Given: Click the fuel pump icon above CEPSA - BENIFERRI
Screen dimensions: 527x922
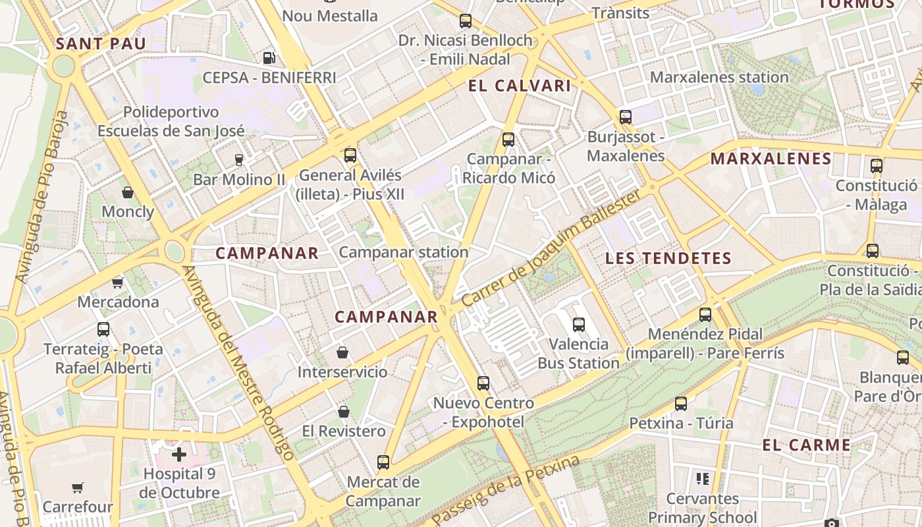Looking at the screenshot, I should click(268, 58).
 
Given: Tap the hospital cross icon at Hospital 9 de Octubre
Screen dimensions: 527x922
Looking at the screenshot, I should click(179, 455).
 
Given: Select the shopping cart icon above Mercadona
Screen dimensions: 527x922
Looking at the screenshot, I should click(118, 283).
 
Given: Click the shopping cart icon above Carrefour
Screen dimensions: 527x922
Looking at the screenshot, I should click(78, 488).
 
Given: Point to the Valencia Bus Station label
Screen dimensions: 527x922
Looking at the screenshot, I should click(579, 353).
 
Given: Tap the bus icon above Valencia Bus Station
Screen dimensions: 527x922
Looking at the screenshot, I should click(579, 325).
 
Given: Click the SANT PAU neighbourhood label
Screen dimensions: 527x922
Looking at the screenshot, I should click(101, 44).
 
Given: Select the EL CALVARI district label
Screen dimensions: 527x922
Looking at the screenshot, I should click(520, 86).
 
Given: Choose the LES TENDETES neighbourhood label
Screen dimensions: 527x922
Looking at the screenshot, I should click(668, 258).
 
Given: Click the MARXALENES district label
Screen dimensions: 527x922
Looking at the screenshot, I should click(771, 159).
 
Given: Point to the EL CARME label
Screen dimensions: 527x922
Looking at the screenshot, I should click(807, 445).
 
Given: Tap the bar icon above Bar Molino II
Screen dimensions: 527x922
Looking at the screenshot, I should click(239, 160).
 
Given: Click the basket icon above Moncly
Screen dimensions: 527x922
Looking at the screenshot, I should click(128, 192).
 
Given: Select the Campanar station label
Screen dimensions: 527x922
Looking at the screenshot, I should click(404, 252).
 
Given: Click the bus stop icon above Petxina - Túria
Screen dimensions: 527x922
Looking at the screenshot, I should click(681, 404).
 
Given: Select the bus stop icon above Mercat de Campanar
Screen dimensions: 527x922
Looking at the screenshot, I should click(383, 462).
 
